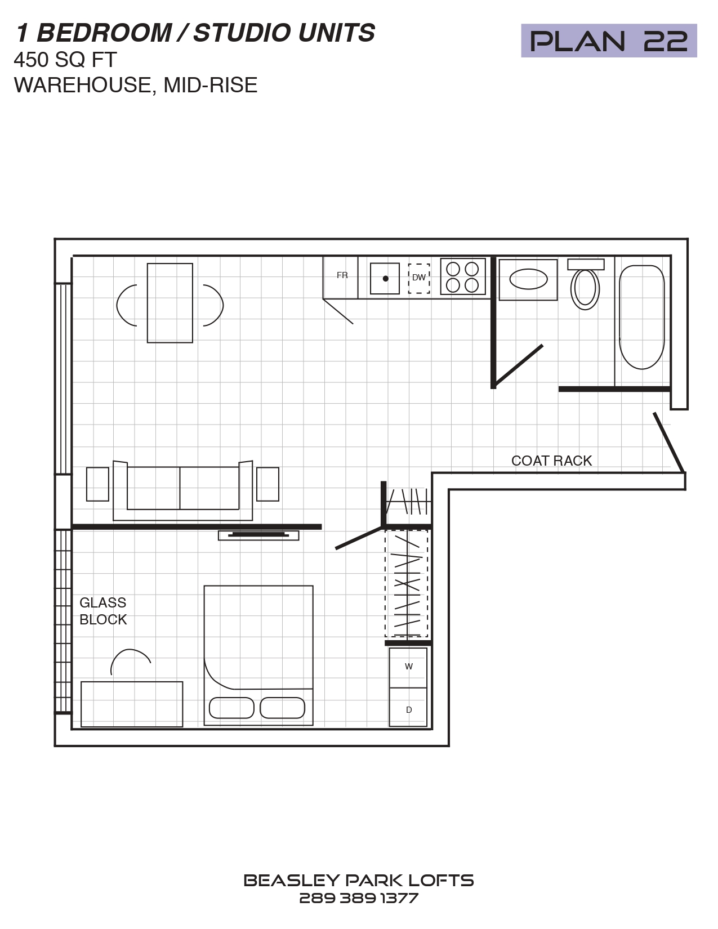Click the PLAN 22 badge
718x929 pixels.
click(609, 41)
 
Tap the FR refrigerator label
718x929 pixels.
click(342, 275)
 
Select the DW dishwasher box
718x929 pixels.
click(418, 278)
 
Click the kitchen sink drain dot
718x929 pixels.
click(385, 279)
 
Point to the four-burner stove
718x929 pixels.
click(463, 276)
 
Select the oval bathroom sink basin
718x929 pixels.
click(529, 279)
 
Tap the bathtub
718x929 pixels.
click(642, 317)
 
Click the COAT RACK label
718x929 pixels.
click(551, 461)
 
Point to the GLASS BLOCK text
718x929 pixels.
click(103, 611)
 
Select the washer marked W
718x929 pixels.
click(408, 668)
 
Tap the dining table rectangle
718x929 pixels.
click(170, 303)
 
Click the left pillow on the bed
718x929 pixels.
click(231, 708)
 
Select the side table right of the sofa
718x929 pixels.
click(267, 484)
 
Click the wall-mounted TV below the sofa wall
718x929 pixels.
click(258, 535)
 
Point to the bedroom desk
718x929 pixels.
click(132, 704)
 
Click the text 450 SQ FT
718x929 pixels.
click(65, 60)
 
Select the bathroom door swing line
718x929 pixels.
click(518, 364)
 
